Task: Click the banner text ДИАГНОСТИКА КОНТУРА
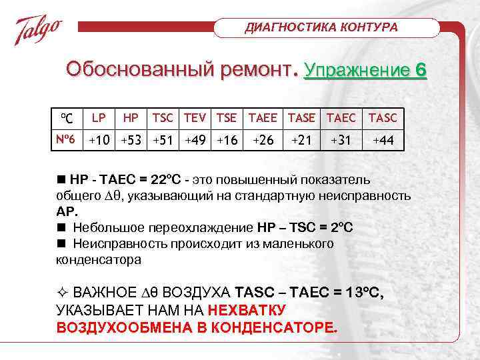click(x=322, y=27)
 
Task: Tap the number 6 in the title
click(x=420, y=71)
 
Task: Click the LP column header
click(x=99, y=117)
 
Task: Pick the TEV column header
click(x=196, y=117)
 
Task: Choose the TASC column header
click(x=382, y=117)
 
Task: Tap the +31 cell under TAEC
click(x=340, y=141)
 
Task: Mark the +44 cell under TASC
click(x=383, y=141)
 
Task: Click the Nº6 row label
click(x=65, y=141)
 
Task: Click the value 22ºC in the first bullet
click(x=163, y=180)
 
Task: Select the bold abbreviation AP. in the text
click(x=67, y=212)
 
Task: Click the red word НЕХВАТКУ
click(x=247, y=310)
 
